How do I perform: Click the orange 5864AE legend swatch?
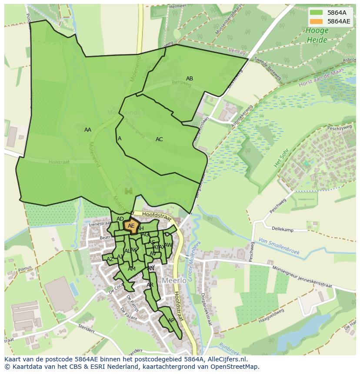tap(316, 21)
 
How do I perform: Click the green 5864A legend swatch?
tap(316, 12)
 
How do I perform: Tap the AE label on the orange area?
tap(131, 225)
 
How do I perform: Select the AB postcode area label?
tap(190, 79)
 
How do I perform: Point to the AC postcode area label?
tap(159, 139)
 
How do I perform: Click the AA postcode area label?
tap(88, 130)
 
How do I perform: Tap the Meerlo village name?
tap(174, 281)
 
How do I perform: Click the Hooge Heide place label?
tap(317, 35)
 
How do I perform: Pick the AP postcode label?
tap(171, 321)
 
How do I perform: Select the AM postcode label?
tap(132, 269)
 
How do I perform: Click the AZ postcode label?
tap(110, 259)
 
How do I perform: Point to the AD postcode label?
tap(120, 219)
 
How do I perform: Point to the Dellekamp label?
tap(282, 229)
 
